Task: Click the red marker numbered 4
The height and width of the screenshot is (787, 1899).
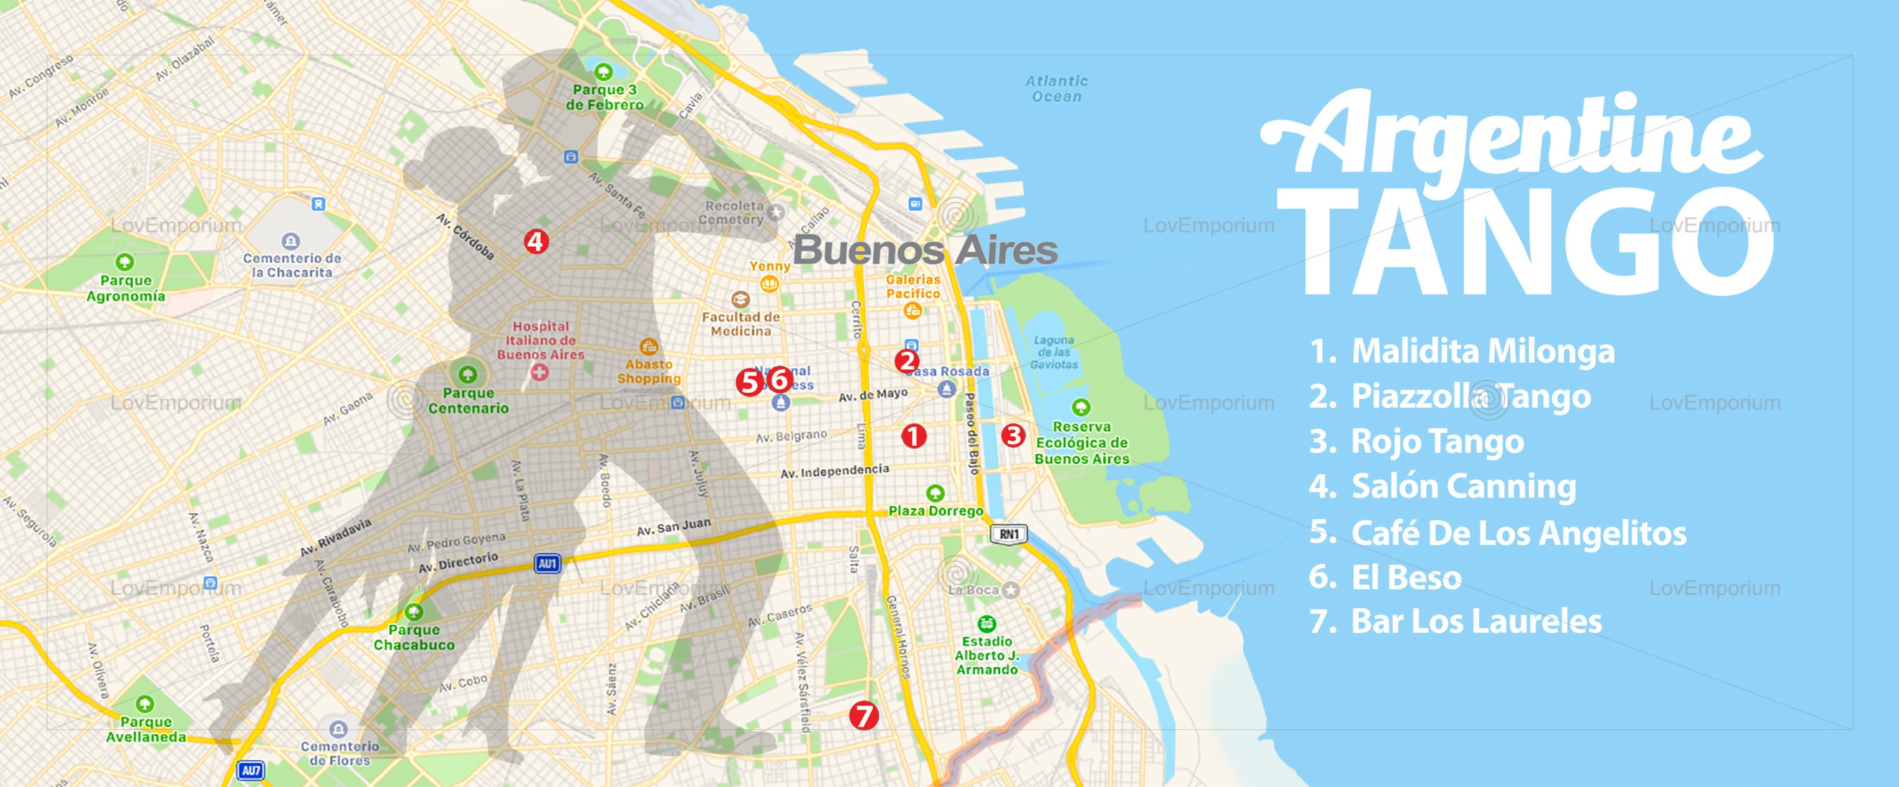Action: [x=536, y=241]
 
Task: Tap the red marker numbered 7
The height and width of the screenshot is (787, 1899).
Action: [x=864, y=715]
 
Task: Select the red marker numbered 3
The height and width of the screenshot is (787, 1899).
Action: [x=1014, y=435]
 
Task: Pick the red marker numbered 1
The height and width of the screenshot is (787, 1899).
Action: [x=914, y=436]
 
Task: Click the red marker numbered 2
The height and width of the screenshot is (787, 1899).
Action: [x=906, y=361]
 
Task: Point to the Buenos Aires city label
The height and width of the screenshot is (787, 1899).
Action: [x=925, y=250]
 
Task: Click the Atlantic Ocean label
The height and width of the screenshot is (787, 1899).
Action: [x=1056, y=89]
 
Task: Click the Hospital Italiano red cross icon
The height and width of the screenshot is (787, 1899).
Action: [x=540, y=373]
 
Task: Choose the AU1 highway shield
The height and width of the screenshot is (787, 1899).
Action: [x=548, y=565]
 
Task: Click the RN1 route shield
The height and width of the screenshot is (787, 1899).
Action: [x=1008, y=535]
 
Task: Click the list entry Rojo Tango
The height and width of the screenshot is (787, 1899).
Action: [x=1437, y=442]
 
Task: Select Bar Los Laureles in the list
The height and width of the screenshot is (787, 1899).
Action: [x=1476, y=621]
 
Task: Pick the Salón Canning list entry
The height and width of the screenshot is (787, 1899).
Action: [x=1464, y=487]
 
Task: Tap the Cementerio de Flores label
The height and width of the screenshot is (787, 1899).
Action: [x=339, y=753]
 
